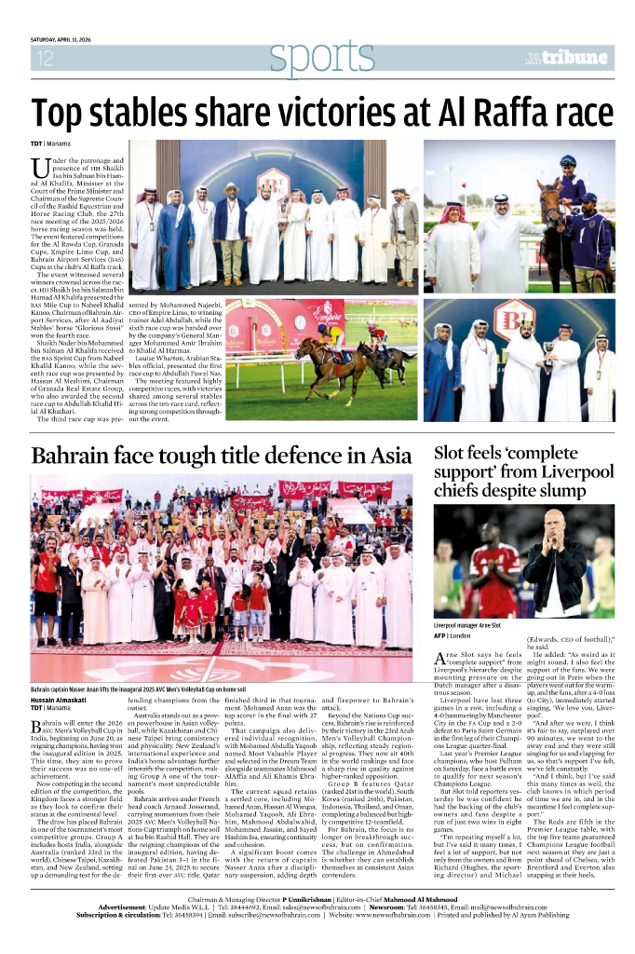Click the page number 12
45,59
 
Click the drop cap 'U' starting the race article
41,169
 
